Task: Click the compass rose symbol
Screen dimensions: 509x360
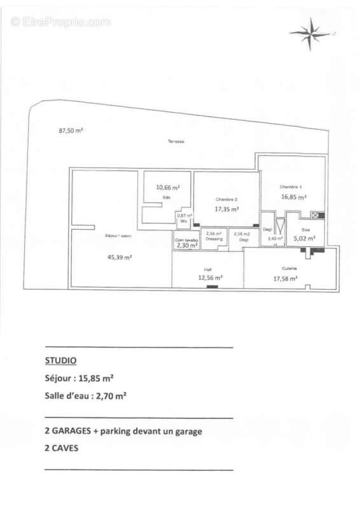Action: pyautogui.click(x=311, y=34)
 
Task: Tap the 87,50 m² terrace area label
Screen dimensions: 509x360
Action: pyautogui.click(x=71, y=131)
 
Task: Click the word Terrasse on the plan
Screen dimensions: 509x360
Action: pyautogui.click(x=176, y=141)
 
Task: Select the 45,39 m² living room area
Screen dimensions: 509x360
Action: pyautogui.click(x=119, y=257)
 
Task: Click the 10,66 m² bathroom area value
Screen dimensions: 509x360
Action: pyautogui.click(x=168, y=188)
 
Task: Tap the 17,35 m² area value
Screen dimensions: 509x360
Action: pyautogui.click(x=226, y=209)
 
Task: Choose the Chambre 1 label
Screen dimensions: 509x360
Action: pyautogui.click(x=290, y=186)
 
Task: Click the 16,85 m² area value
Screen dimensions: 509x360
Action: pyautogui.click(x=294, y=197)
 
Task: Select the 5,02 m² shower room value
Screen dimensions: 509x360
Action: pyautogui.click(x=305, y=240)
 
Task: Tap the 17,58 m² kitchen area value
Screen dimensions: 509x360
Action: pyautogui.click(x=285, y=278)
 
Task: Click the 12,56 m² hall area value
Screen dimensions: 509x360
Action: pyautogui.click(x=210, y=277)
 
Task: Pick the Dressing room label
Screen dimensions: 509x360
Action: pyautogui.click(x=214, y=239)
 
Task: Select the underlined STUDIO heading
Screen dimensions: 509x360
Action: pyautogui.click(x=60, y=360)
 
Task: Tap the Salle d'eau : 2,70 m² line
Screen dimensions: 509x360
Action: pyautogui.click(x=85, y=395)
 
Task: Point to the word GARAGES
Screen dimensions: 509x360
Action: pyautogui.click(x=78, y=431)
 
